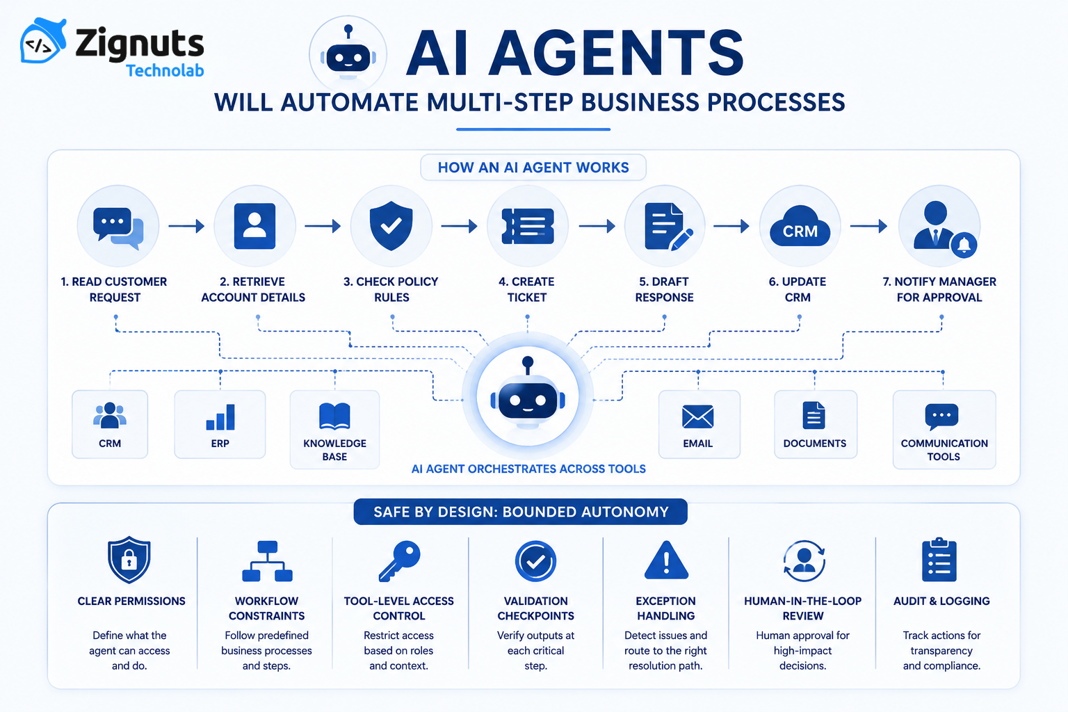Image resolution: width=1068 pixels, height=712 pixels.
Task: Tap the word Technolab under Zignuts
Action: pos(165,71)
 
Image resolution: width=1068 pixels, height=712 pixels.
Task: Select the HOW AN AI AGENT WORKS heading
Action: pos(533,168)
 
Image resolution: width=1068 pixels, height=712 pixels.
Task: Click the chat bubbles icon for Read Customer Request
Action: pos(118,228)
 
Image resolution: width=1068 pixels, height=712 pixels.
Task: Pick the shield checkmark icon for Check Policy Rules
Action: pos(391,225)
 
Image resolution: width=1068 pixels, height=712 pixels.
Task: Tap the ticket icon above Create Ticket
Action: pos(528,226)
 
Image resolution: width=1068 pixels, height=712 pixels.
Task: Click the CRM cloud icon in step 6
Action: pos(800,226)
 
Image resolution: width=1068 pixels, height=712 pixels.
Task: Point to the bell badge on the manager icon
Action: pos(964,245)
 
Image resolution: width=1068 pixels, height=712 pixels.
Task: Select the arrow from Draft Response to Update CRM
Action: pos(731,226)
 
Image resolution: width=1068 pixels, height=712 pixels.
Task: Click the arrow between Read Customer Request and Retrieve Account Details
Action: pos(186,225)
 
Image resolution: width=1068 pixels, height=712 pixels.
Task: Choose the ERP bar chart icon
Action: pos(220,416)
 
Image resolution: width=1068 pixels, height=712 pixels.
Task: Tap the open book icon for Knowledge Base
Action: pos(334,416)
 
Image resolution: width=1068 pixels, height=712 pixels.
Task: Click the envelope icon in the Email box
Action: pos(698,416)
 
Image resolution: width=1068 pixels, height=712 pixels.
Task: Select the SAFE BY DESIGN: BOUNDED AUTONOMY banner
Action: pos(521,512)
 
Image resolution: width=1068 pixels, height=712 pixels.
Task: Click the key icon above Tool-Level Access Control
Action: pos(400,561)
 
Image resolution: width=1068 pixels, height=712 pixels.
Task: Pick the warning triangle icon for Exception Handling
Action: pos(666,560)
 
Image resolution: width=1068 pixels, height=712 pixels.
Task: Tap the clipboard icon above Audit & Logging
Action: pos(939,560)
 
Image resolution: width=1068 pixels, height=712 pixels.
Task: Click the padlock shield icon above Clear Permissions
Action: pos(129,560)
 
